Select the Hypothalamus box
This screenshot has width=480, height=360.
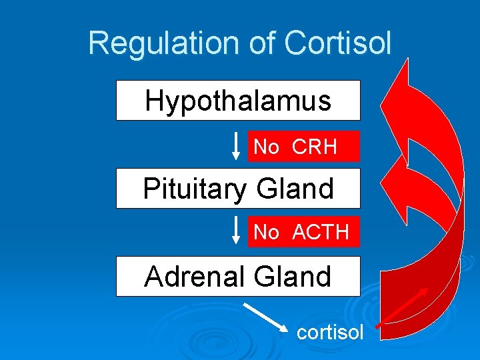[x=238, y=101]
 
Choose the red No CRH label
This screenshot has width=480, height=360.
[x=304, y=147]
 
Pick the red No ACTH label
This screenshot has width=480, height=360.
[x=304, y=232]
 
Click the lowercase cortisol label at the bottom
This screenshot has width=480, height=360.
[x=330, y=331]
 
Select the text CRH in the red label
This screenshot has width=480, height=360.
[x=315, y=147]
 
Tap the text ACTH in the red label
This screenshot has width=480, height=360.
[x=321, y=232]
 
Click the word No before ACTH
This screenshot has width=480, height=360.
[x=266, y=232]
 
